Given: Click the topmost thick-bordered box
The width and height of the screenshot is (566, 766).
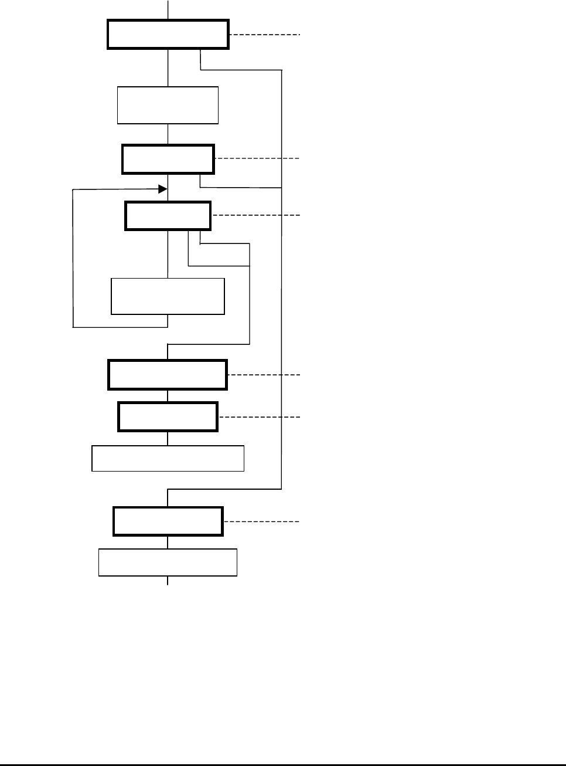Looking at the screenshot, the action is click(168, 35).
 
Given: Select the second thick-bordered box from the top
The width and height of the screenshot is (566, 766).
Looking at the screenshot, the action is click(168, 159).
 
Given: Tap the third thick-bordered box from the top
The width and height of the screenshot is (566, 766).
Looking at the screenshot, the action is click(168, 216).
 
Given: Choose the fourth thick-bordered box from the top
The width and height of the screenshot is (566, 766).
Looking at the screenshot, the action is click(168, 375).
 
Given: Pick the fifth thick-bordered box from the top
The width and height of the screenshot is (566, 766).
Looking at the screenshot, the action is click(168, 416).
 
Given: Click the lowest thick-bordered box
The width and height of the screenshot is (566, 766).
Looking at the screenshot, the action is click(168, 521).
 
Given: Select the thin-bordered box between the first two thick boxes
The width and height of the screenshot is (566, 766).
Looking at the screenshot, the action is click(168, 106).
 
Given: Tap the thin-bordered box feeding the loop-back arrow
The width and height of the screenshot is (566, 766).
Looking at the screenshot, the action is click(168, 296).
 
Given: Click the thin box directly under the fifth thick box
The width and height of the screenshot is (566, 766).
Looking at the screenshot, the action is click(168, 458).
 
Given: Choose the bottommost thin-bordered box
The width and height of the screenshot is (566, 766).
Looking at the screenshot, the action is click(168, 562).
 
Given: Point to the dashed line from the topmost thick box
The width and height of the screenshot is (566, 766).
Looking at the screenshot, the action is click(265, 35).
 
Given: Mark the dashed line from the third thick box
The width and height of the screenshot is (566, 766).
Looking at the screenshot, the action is click(255, 216).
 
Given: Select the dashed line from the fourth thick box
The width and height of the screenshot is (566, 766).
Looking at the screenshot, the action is click(264, 374).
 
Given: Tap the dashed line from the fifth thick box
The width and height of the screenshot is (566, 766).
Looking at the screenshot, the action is click(259, 416).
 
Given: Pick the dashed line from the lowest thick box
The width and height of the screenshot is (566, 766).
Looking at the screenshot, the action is click(261, 521).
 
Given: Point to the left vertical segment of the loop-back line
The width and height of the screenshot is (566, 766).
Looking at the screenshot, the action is click(73, 258).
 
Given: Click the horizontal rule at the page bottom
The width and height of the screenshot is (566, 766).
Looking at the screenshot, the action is click(283, 764).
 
